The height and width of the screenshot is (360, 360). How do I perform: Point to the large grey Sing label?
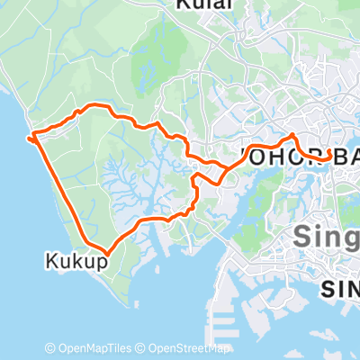click(326, 238)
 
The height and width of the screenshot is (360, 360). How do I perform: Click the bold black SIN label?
click(342, 289)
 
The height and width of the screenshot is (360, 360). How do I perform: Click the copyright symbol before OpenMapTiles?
click(50, 349)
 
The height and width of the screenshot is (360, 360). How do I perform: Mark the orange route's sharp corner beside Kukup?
click(106, 252)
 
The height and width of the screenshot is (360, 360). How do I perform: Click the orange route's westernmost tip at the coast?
click(31, 138)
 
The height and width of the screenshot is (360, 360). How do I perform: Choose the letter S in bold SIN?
click(329, 289)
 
